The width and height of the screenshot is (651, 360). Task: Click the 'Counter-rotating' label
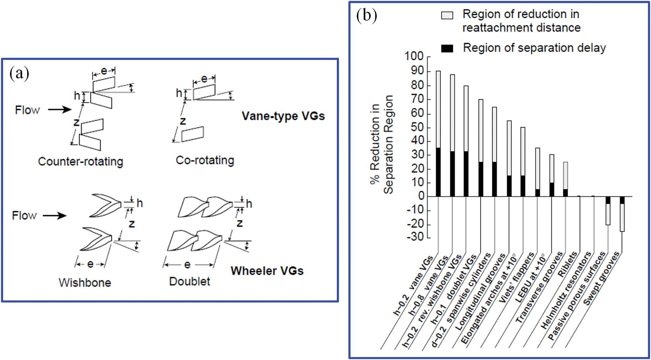click(x=80, y=161)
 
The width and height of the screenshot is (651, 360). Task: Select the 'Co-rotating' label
click(x=205, y=160)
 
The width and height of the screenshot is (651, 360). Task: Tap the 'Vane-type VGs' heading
click(x=283, y=116)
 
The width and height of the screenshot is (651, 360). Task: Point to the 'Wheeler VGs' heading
click(x=267, y=271)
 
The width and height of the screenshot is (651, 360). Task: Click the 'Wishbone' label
click(x=85, y=283)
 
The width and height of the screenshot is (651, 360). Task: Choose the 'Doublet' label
click(x=189, y=281)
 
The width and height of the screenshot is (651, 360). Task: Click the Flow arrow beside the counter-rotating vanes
click(x=59, y=110)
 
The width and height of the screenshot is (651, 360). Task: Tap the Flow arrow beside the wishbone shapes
click(x=54, y=216)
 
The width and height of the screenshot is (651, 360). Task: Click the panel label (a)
click(x=19, y=73)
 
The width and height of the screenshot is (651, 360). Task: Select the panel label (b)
click(x=366, y=15)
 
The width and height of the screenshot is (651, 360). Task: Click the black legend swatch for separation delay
click(x=447, y=49)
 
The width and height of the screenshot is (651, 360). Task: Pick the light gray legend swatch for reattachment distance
click(x=447, y=15)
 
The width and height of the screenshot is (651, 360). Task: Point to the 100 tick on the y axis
click(x=414, y=56)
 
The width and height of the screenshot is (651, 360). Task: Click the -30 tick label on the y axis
click(x=415, y=237)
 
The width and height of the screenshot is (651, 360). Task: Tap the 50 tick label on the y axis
click(x=417, y=127)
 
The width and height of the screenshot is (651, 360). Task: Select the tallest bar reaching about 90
click(x=438, y=109)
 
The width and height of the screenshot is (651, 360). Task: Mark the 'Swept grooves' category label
click(x=601, y=279)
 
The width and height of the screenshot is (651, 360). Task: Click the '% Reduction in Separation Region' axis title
click(x=381, y=144)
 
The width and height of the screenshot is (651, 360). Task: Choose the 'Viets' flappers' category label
click(x=516, y=278)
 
